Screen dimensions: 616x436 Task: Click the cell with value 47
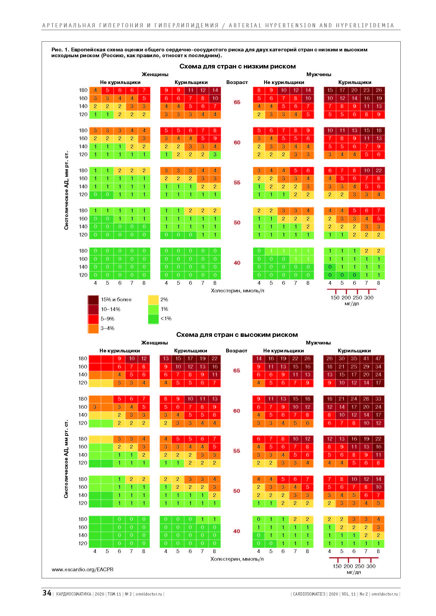[x=378, y=358]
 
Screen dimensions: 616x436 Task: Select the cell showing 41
[x=366, y=358]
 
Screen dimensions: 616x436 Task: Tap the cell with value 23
[x=366, y=90]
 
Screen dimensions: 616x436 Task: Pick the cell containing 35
[x=354, y=358]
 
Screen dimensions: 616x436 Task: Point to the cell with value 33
[x=378, y=399]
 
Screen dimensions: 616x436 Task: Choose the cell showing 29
[x=366, y=367]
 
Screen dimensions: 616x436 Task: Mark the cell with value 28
[x=366, y=399]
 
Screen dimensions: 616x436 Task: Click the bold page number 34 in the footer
[x=47, y=593]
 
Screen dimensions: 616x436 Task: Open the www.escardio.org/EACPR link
[x=83, y=569]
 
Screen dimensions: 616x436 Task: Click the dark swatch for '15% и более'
[x=93, y=300]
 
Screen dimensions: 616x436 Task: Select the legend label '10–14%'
[x=110, y=309]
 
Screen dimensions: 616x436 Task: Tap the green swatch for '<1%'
[x=153, y=319]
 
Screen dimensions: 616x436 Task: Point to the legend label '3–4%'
[x=107, y=328]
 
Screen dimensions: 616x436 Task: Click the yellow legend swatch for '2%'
[x=153, y=300]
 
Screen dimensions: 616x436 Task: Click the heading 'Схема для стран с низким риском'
[x=237, y=66]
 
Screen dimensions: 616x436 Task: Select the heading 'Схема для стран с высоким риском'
[x=237, y=334]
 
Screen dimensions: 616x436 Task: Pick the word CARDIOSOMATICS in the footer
[x=309, y=594]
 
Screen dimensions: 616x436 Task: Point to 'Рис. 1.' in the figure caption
[x=60, y=50]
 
